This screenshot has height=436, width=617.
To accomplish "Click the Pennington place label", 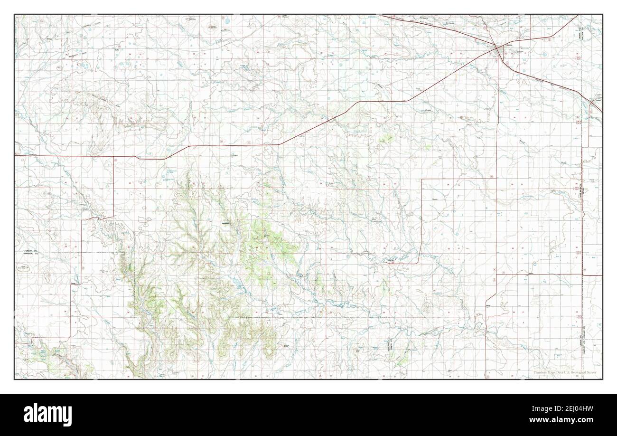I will (233, 155).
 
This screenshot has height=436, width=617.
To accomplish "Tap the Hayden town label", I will (391, 261).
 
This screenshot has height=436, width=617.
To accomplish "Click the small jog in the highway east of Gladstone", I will (138, 157).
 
